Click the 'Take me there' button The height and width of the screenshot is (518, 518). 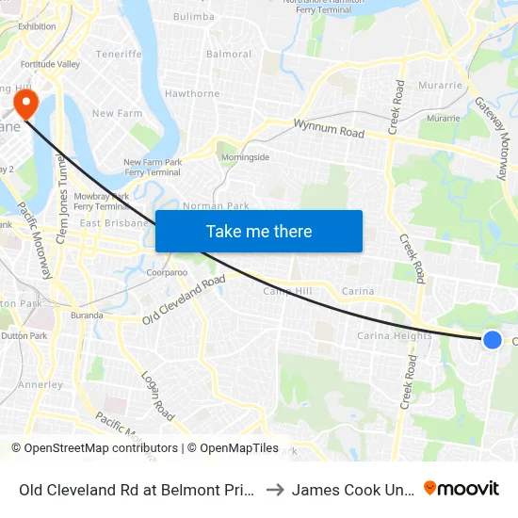pos(259,231)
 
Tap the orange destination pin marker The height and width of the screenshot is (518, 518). pos(24,101)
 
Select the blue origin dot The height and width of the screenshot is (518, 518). pos(492,340)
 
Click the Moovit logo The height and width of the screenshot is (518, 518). pos(461,489)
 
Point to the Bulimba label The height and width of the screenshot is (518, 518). pos(194,16)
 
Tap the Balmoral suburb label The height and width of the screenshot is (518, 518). pos(228,54)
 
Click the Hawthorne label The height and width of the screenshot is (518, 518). pos(192,93)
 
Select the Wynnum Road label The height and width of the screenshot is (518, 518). pos(329,129)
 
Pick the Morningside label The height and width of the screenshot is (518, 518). pos(245,156)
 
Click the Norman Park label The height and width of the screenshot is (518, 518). pos(216,205)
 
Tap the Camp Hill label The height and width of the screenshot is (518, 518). pos(287,292)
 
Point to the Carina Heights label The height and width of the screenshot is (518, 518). pos(395,336)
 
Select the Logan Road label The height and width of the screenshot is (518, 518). pos(157,396)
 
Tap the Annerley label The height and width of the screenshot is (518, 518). pos(40,384)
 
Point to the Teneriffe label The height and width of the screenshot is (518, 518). pos(118,55)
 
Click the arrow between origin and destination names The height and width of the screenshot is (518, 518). pos(274,489)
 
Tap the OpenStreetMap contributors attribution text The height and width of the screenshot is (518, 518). pos(96,448)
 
